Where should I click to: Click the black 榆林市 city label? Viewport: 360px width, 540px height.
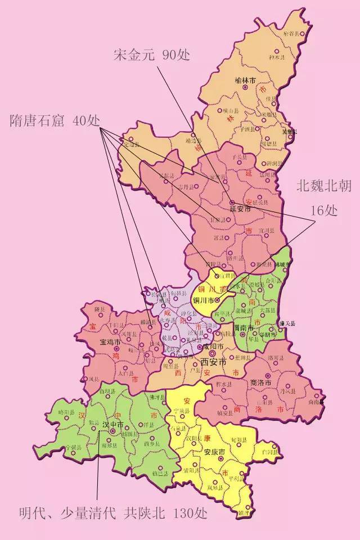[x=245, y=81]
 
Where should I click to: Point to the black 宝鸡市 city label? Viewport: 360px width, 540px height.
[x=111, y=341]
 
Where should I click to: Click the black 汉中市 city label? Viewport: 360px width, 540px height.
[x=113, y=424]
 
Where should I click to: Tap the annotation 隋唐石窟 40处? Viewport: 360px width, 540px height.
[x=55, y=121]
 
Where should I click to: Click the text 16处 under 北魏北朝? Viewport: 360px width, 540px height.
[x=324, y=210]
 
